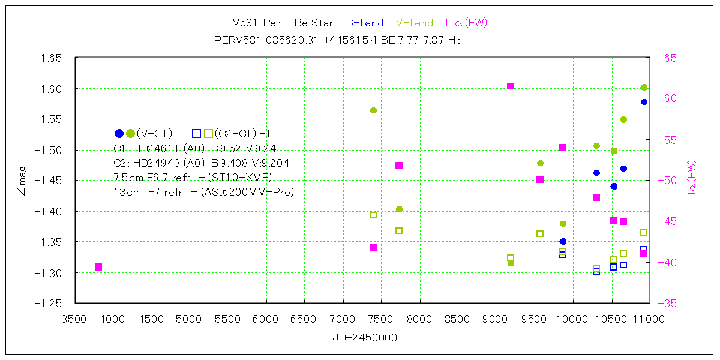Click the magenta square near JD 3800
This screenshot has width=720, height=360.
click(98, 267)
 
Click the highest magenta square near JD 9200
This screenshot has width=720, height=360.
click(511, 86)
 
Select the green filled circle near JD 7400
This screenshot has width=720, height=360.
click(373, 110)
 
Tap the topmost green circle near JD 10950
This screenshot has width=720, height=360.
click(644, 88)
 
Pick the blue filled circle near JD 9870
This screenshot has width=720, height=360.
click(563, 241)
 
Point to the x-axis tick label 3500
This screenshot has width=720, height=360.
click(74, 319)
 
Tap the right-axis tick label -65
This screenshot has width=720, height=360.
click(667, 58)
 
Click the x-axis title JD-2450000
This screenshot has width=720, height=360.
click(364, 338)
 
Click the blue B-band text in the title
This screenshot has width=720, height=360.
click(364, 23)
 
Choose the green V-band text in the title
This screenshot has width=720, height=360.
click(415, 23)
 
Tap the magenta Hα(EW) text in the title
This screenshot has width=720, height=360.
click(466, 23)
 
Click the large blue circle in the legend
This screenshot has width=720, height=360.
click(119, 133)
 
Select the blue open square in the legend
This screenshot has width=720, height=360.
click(196, 133)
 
